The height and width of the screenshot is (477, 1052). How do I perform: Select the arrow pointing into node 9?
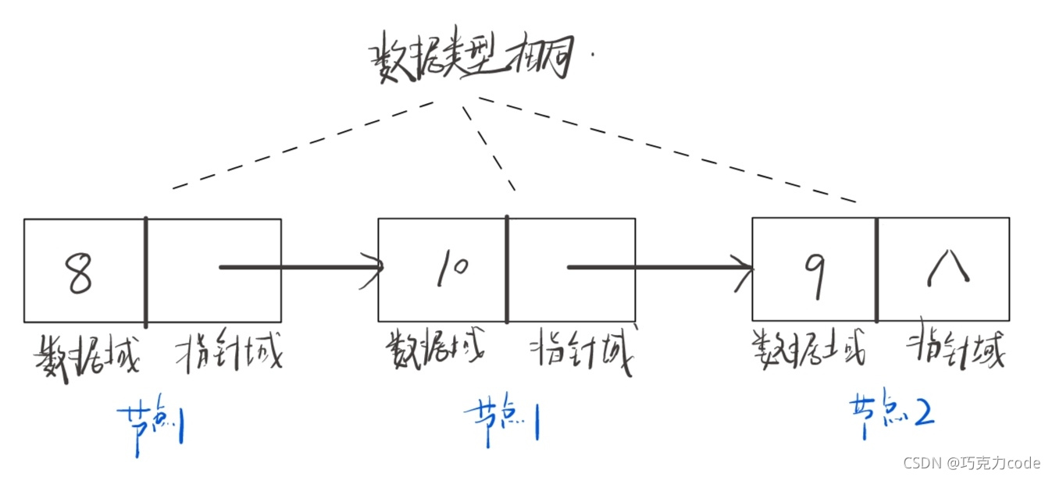660,268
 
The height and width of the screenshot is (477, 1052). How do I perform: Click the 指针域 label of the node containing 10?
583,352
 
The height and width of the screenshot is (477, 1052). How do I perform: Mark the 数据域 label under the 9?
809,349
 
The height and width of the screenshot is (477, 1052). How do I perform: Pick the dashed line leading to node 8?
305,145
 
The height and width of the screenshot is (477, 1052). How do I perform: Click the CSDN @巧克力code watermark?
972,462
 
